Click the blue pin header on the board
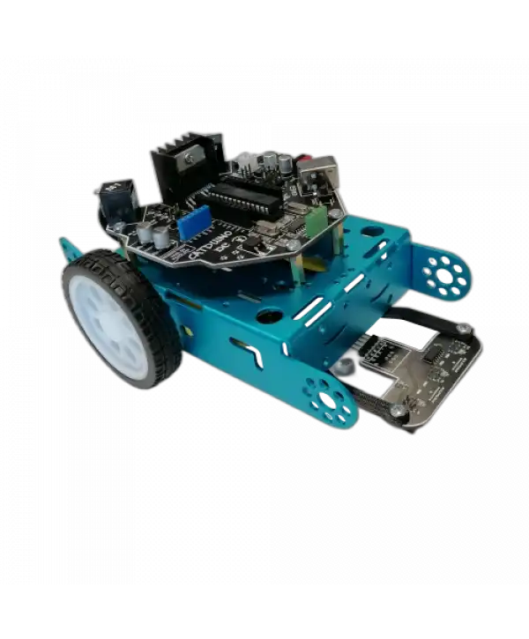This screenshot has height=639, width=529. [192, 225]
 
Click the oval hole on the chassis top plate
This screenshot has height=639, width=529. [372, 232]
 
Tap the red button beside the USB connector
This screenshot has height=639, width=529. [302, 160]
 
